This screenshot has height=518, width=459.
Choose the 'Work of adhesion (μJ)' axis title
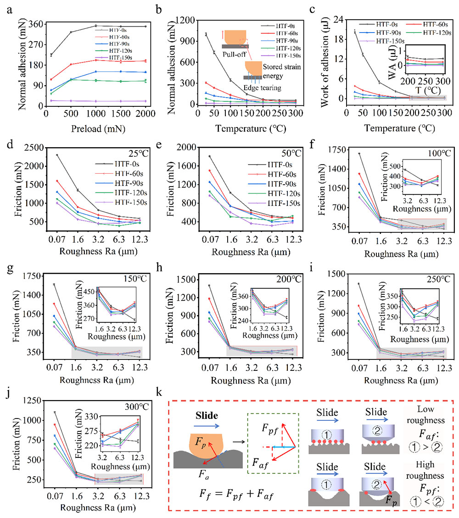coord(317,59)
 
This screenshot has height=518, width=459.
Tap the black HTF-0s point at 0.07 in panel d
coord(57,155)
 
